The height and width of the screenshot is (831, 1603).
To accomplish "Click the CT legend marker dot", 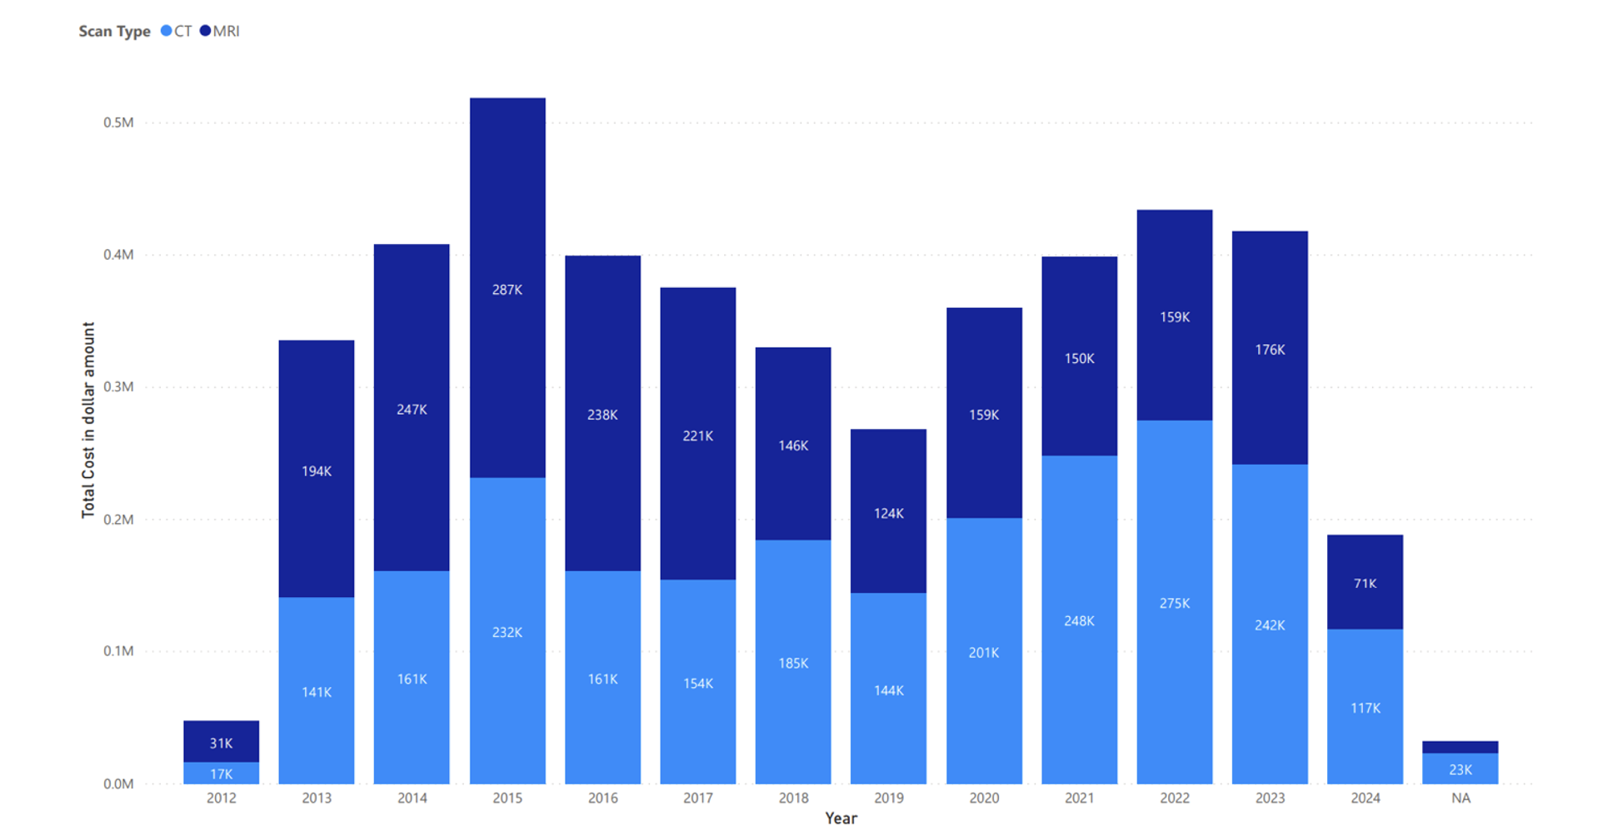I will click(166, 31).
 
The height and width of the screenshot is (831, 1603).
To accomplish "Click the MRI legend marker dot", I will click(205, 31).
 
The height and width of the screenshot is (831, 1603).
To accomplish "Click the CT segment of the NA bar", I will click(1460, 769).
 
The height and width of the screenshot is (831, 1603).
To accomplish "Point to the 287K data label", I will click(507, 290).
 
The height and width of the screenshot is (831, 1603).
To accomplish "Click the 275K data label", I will click(1174, 603).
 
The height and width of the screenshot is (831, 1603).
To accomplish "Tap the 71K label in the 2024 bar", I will click(1365, 583).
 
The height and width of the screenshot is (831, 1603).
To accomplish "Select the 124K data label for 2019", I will click(888, 513).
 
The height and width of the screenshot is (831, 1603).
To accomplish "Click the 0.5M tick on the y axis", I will click(118, 122).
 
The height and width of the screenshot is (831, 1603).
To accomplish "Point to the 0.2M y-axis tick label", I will click(118, 520).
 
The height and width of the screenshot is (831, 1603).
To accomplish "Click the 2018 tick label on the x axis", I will click(793, 798).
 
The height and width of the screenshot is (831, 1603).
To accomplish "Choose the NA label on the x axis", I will click(1461, 798).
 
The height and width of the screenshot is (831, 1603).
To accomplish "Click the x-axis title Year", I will click(841, 818).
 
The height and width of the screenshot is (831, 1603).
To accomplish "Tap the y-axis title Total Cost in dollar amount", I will click(88, 420).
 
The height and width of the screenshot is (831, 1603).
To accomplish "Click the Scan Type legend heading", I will click(114, 32).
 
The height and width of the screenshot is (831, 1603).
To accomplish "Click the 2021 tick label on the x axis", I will click(1079, 798).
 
